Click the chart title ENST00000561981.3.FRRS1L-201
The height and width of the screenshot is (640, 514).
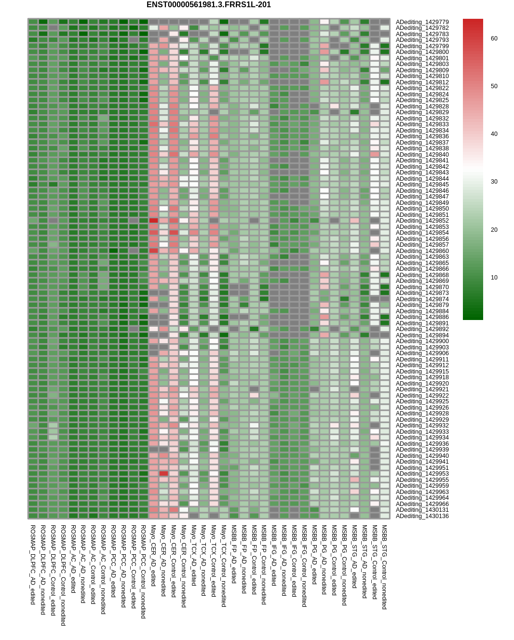208,5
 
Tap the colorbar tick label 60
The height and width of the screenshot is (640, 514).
494,39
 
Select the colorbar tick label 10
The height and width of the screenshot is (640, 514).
494,278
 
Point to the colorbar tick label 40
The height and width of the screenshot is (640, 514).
494,134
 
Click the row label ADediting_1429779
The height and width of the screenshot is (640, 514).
422,22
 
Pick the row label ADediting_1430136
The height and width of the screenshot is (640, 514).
422,516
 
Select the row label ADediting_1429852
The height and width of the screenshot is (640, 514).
422,221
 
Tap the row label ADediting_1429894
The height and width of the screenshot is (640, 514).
422,335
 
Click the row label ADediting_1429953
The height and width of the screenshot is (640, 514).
422,474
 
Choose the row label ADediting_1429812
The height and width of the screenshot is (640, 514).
422,82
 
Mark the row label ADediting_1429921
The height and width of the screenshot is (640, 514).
422,389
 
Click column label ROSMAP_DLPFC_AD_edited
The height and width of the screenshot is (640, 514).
33,565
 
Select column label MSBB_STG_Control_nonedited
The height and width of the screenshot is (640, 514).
384,567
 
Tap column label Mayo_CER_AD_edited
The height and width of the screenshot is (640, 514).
153,556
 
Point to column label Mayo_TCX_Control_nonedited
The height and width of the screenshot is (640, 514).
224,566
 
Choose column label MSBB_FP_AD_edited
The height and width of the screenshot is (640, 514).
234,554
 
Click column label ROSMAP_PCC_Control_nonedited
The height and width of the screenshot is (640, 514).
143,572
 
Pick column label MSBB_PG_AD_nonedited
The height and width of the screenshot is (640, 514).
324,560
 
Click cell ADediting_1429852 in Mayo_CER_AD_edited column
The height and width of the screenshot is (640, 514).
153,221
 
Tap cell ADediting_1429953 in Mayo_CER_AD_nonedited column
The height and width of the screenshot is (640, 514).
163,474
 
